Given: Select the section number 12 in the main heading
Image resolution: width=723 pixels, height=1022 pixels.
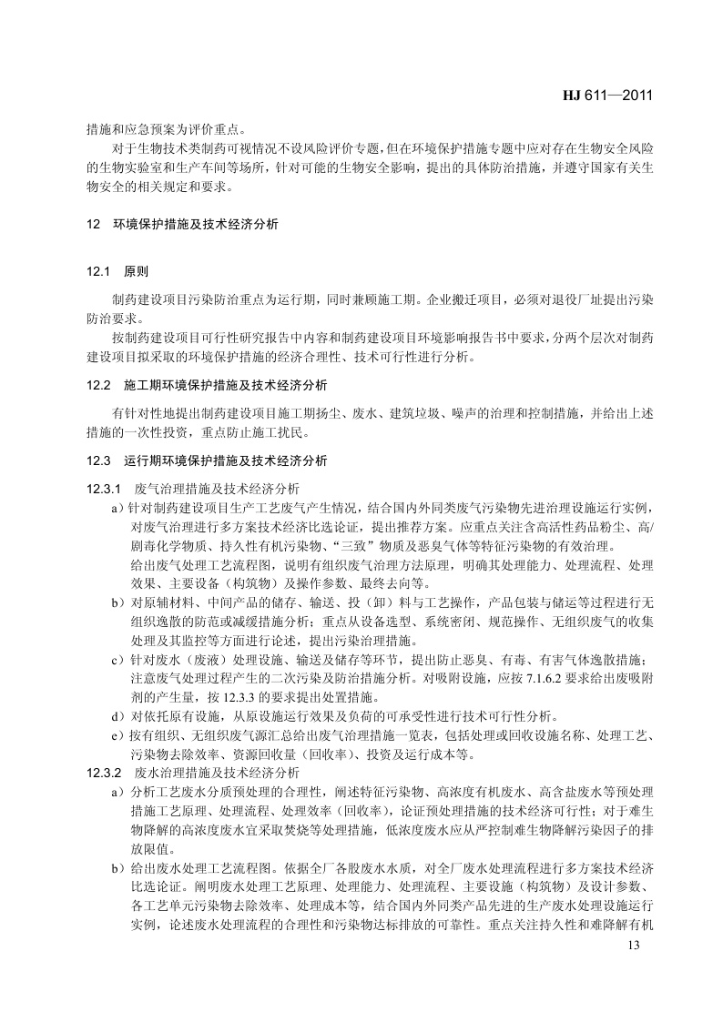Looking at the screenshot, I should coord(93,223).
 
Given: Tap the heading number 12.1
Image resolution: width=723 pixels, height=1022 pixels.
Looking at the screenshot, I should coord(98,271).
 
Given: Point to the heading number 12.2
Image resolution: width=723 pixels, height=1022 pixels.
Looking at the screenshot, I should coord(98,386).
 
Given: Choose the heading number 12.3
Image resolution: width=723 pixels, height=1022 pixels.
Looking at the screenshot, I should coord(98,460).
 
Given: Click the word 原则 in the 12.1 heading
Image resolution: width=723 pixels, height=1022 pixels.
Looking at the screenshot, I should coord(136,271).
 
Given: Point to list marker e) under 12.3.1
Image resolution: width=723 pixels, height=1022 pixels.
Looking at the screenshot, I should coord(116,734).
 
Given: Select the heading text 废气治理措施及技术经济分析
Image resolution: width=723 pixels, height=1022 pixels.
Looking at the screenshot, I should coord(210,489).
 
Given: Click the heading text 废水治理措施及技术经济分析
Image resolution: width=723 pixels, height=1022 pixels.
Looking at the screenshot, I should coord(210,772).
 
